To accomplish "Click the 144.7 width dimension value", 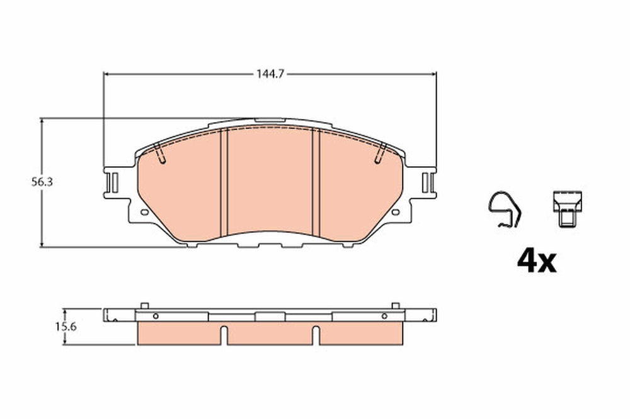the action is (x=270, y=74).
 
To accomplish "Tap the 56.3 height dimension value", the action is (x=42, y=182).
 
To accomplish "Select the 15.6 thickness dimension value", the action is (x=66, y=327).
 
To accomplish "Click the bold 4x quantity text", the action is (x=536, y=261).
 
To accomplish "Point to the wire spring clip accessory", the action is (x=504, y=209).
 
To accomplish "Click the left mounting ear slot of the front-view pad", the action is (x=113, y=182).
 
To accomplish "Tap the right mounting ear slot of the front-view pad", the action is (x=427, y=182).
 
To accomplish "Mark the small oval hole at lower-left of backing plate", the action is (x=145, y=212).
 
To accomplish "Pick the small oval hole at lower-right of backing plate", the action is (x=396, y=212).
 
